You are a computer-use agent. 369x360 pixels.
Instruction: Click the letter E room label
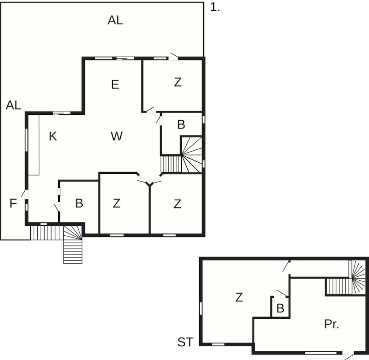[115, 84]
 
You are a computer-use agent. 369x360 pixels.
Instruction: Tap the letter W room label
[117, 136]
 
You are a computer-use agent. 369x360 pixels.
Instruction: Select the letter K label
[53, 136]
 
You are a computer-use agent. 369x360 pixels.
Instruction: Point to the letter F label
[13, 203]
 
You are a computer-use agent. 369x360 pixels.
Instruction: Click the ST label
[186, 342]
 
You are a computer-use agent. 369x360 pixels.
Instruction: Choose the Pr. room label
[332, 324]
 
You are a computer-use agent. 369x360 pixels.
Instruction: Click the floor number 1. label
[215, 7]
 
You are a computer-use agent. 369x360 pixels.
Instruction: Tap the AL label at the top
[115, 20]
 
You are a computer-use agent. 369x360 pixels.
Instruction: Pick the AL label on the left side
[13, 105]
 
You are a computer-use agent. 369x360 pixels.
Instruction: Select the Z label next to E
[178, 82]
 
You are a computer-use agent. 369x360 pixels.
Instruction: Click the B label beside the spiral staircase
[181, 125]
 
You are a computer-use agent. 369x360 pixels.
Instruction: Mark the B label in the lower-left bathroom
[79, 203]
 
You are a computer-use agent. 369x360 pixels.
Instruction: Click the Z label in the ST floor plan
[239, 297]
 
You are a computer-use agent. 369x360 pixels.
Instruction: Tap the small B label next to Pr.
[280, 308]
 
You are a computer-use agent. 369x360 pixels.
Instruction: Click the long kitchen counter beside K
[34, 145]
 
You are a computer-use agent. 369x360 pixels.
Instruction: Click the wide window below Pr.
[321, 353]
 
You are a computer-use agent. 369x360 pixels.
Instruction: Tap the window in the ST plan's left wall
[201, 308]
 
